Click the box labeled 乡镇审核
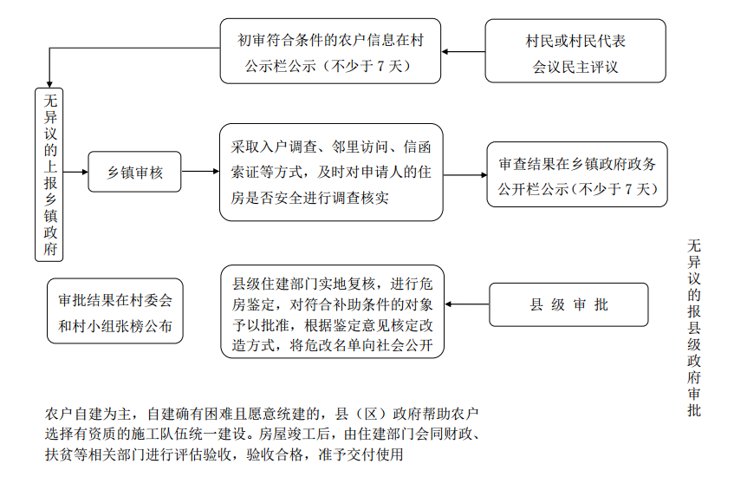134,172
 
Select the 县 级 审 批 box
568,304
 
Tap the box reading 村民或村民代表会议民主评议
575,51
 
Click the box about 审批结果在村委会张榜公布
115,311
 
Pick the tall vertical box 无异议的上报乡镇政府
49,174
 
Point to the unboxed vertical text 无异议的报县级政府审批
694,328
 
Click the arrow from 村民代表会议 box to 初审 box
463,51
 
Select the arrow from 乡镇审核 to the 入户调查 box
200,172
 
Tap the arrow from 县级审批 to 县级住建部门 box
467,304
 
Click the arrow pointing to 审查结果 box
464,175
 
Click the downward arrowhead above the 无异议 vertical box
49,85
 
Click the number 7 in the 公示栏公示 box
380,66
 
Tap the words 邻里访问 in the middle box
360,147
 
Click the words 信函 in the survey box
417,147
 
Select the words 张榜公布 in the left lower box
144,326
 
